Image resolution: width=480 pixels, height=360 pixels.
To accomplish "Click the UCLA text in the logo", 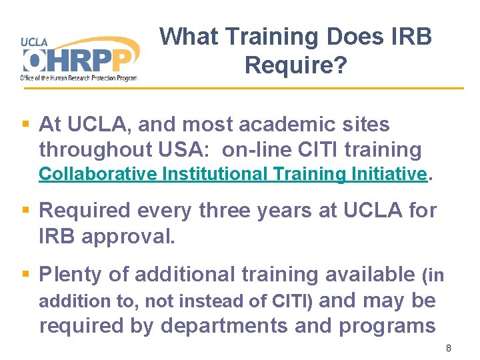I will pos(34,41).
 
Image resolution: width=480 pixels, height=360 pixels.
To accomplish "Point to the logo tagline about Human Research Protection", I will pos(79,79).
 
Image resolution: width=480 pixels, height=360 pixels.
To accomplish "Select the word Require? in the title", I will pos(295,65).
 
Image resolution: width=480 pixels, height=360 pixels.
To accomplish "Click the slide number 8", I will pos(449,348).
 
